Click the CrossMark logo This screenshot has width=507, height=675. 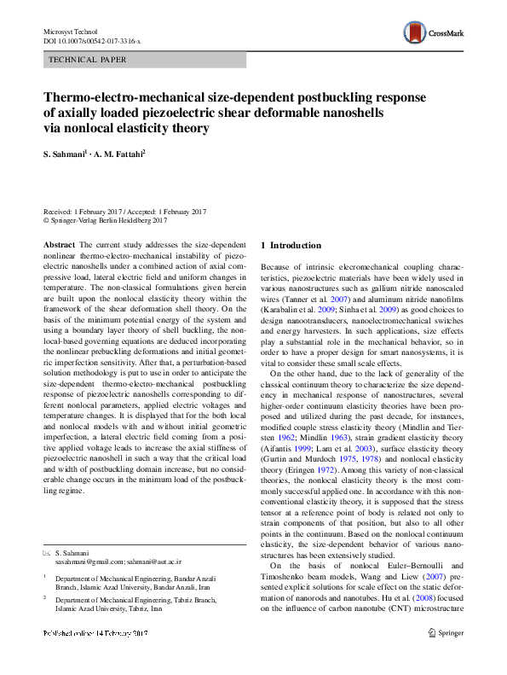coord(435,33)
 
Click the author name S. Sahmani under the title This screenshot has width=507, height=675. coord(67,154)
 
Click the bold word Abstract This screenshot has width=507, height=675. coord(59,245)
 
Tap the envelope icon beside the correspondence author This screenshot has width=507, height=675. coord(47,532)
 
